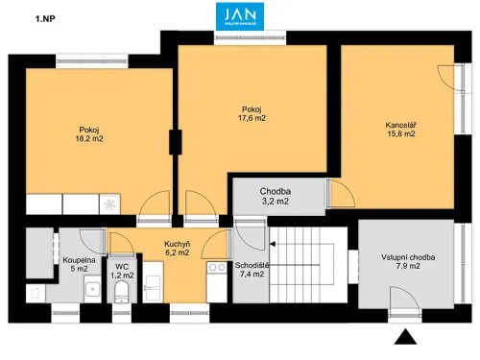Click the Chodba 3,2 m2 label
(x=276, y=197)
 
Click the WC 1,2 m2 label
(x=122, y=270)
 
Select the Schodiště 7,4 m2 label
(x=252, y=270)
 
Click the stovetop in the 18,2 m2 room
(x=112, y=204)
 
